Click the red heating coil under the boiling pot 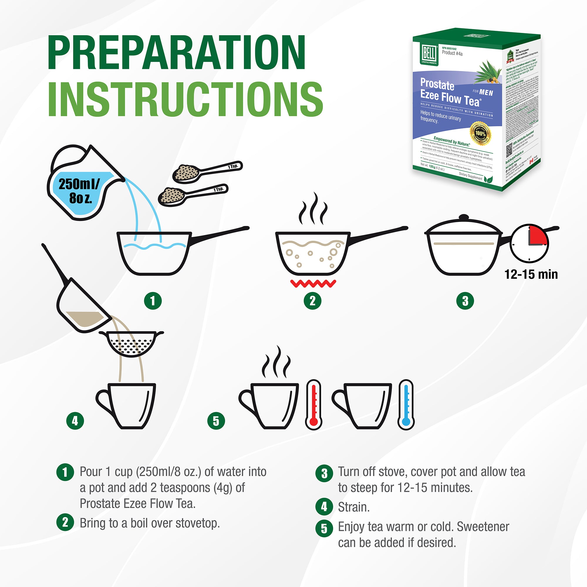(x=313, y=284)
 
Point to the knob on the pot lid (x=464, y=217)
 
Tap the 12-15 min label (x=531, y=274)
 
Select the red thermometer (x=313, y=404)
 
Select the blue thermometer (x=406, y=404)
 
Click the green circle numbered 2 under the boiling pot (x=312, y=301)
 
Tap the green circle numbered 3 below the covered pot (x=465, y=301)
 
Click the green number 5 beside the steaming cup (x=216, y=421)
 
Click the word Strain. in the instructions (x=354, y=507)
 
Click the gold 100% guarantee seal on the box (x=480, y=133)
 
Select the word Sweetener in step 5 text (x=483, y=527)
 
